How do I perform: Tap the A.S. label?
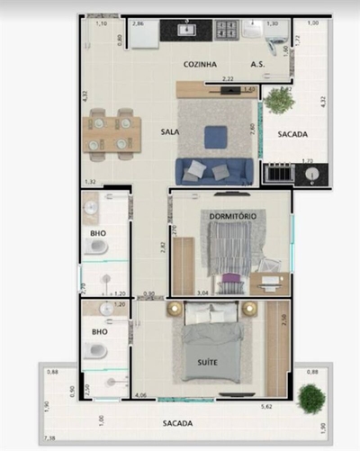tap(257, 64)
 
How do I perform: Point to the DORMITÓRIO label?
tap(233, 216)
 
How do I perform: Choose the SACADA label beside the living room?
tap(292, 134)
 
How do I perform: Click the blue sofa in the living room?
tap(215, 170)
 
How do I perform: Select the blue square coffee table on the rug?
tap(215, 136)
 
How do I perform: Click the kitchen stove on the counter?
tap(226, 30)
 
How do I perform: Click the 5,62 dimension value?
tap(266, 406)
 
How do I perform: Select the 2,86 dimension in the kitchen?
tap(139, 23)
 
